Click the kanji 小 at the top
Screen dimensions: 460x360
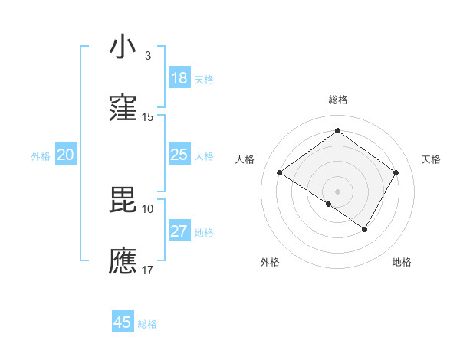pos(123,47)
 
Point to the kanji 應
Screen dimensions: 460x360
pos(123,260)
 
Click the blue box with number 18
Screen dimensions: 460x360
pos(179,78)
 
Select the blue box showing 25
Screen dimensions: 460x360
pos(179,155)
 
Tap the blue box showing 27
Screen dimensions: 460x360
pos(179,231)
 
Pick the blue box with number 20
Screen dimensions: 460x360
pos(65,155)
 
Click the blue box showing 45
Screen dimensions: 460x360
pos(123,322)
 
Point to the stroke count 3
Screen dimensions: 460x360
pos(148,56)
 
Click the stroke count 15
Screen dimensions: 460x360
pos(148,117)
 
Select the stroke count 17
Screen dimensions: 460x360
pos(148,270)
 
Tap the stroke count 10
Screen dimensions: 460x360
pos(148,208)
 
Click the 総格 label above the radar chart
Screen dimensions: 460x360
pos(337,100)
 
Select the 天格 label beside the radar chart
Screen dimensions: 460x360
pos(431,159)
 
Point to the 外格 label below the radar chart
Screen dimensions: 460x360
pos(270,262)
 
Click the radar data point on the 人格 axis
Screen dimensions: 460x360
pos(280,173)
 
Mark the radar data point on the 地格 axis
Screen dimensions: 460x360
pos(365,229)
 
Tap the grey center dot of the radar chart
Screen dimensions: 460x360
pos(337,190)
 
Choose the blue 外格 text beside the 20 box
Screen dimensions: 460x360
pos(41,155)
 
